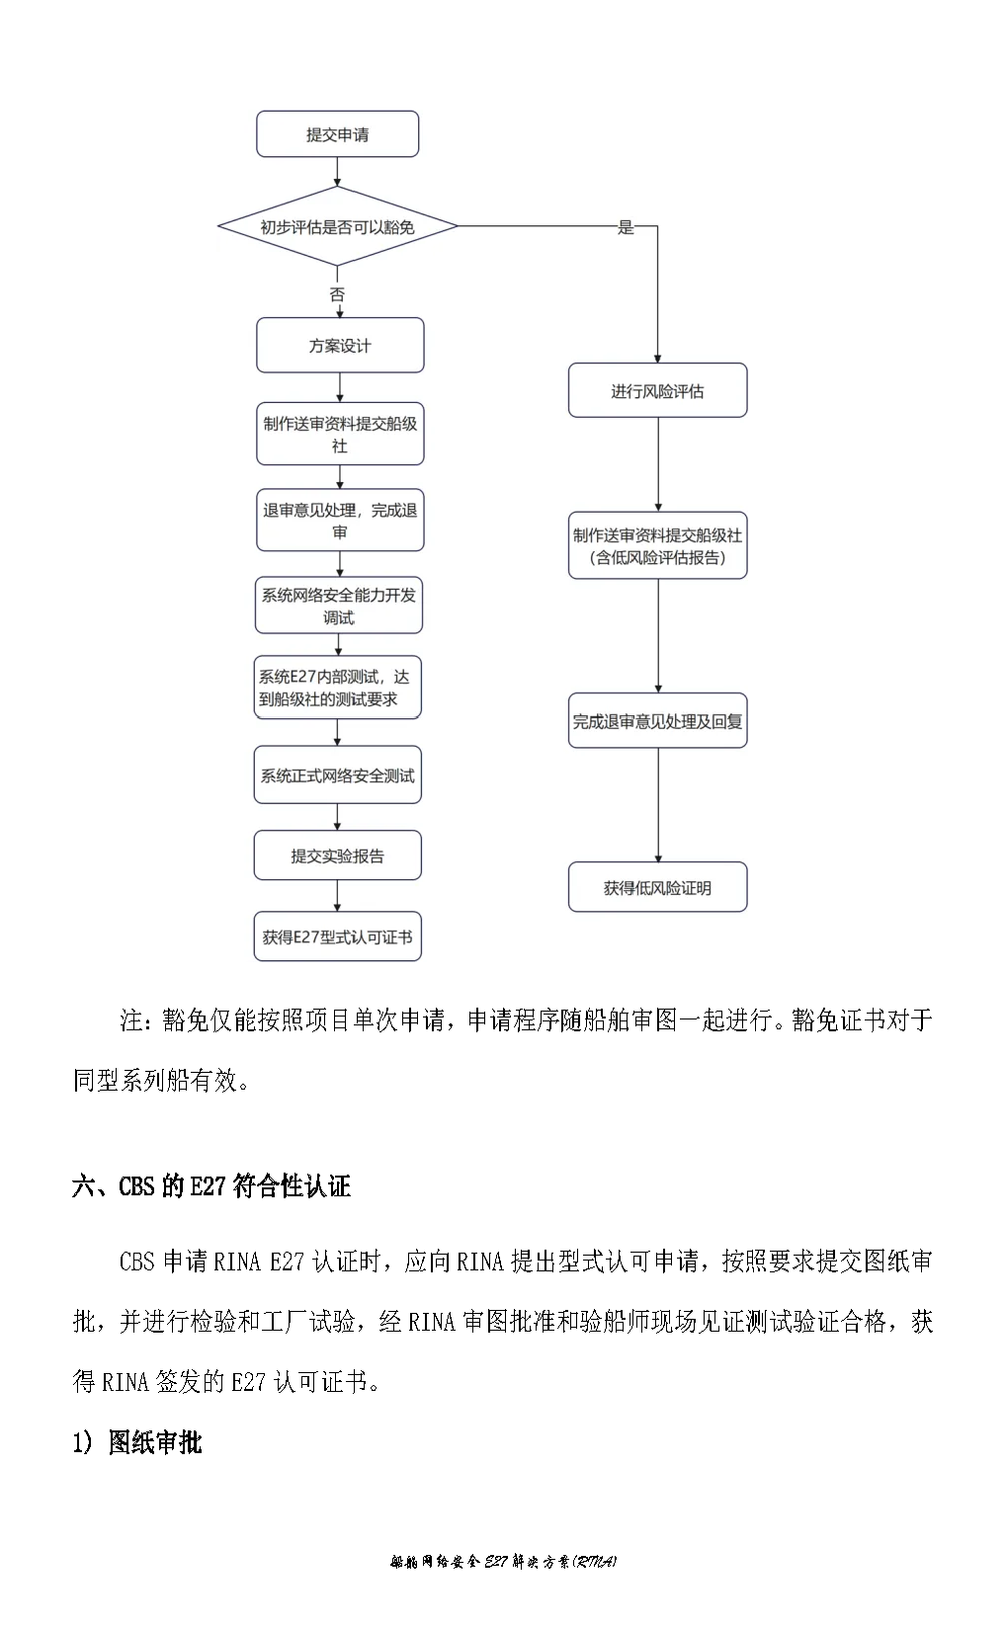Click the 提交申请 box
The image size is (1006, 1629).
pos(338,133)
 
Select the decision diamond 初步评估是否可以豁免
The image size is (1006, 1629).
pos(338,226)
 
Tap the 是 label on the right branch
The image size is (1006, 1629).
pos(626,227)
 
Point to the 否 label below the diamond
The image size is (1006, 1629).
pos(337,294)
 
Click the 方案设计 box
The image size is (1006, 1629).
pos(340,346)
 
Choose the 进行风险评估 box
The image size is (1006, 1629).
pos(657,390)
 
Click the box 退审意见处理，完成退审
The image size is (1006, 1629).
pos(340,520)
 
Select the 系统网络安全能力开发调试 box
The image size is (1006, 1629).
pos(338,606)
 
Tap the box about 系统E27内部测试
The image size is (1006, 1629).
pos(338,688)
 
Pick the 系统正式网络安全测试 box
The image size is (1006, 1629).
pos(338,774)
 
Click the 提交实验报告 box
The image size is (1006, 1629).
pos(338,855)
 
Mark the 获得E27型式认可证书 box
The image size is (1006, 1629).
pos(338,937)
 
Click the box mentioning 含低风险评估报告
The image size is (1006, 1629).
pos(657,545)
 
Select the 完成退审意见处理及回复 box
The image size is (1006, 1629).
pos(657,721)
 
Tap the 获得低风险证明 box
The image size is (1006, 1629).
pos(657,887)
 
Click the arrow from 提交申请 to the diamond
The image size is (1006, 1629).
pos(338,172)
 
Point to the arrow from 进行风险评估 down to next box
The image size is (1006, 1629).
pos(658,464)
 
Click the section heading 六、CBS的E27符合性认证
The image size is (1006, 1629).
pos(210,1186)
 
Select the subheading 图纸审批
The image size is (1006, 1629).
pos(155,1442)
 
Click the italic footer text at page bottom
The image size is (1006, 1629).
pos(503,1562)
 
